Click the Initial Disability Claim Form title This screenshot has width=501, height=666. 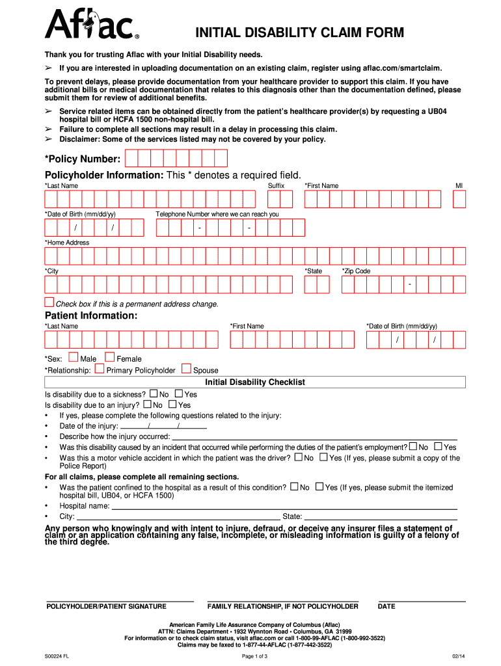(x=300, y=33)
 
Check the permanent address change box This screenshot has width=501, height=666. (x=49, y=302)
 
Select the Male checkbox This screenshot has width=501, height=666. (x=73, y=357)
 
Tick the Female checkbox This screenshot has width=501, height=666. (x=110, y=357)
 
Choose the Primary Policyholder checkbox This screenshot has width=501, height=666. (x=100, y=369)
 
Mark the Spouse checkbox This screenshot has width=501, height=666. (x=187, y=369)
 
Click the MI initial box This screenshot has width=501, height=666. (x=459, y=198)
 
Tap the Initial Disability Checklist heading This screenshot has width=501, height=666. (x=255, y=382)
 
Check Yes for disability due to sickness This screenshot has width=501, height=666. (x=179, y=393)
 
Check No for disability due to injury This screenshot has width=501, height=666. (x=147, y=404)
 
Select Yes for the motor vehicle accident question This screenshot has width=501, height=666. (x=323, y=457)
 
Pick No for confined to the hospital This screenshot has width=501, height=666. (x=294, y=486)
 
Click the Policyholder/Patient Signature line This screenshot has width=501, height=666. (x=120, y=600)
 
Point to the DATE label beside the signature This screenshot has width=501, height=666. (x=386, y=607)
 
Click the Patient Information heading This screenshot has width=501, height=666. (x=90, y=315)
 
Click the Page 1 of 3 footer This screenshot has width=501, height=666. (x=251, y=656)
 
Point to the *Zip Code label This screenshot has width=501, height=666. (x=356, y=271)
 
